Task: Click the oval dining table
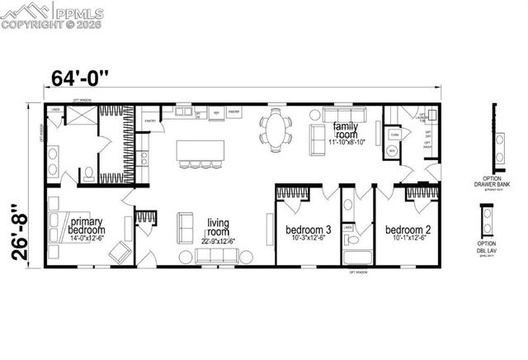pyautogui.click(x=275, y=130)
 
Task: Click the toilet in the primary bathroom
pyautogui.click(x=87, y=173)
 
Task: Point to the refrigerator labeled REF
pyautogui.click(x=216, y=112)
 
